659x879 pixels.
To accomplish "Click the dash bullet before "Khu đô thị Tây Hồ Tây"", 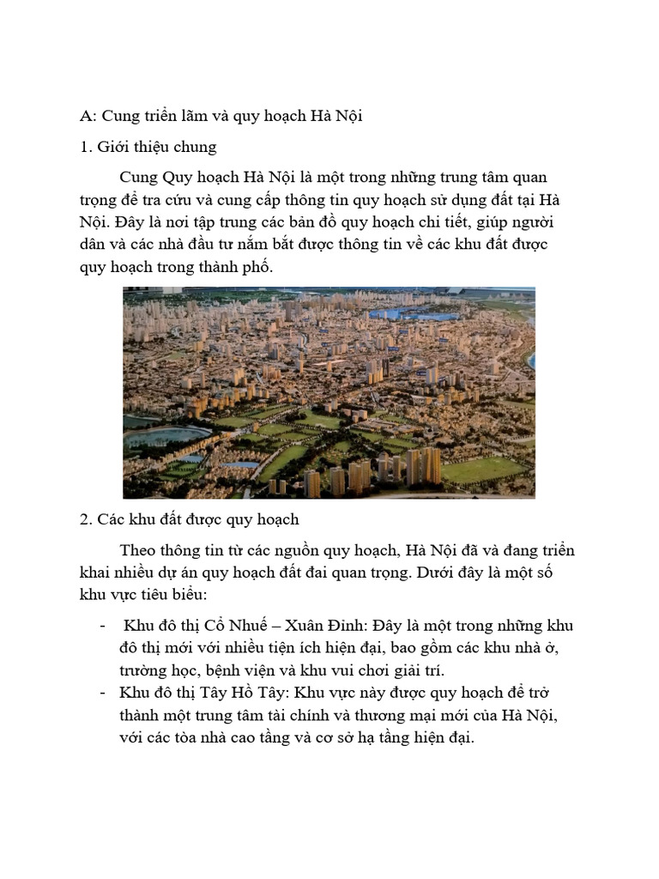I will (x=103, y=692).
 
